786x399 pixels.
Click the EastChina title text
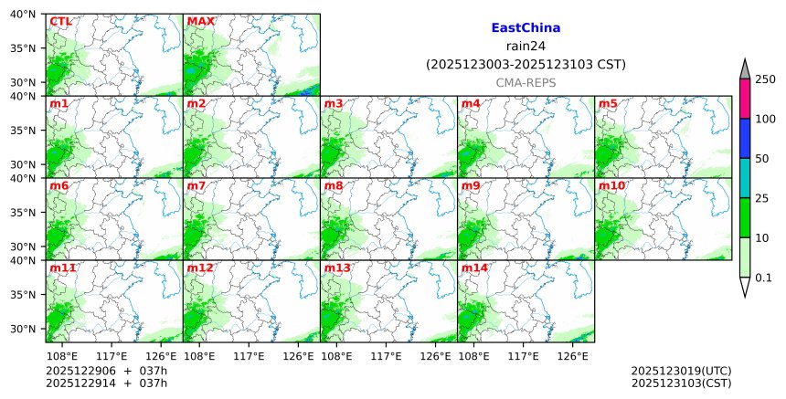526,28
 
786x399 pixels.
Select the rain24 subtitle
526,47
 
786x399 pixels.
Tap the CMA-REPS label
526,82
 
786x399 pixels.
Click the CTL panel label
61,21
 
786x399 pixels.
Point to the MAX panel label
200,21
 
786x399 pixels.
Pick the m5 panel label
608,103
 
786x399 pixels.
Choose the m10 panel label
612,186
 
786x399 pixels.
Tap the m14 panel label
475,268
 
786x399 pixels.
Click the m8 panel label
334,186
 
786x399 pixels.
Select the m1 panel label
58,103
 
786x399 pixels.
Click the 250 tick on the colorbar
764,79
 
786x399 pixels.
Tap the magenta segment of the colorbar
744,99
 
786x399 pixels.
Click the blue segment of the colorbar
744,138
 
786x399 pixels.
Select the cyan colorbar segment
744,177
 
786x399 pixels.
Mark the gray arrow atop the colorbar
744,69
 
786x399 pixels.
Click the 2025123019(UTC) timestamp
681,371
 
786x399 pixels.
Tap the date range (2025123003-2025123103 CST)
526,65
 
